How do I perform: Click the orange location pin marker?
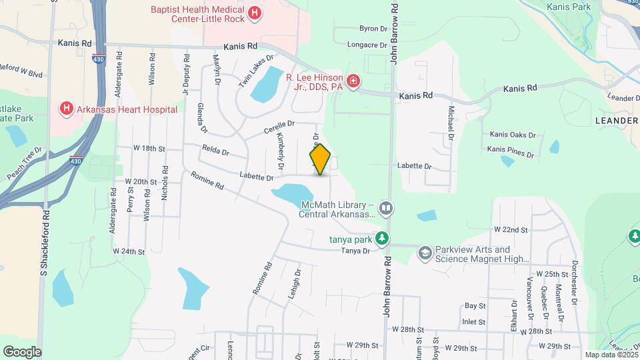click(x=320, y=159)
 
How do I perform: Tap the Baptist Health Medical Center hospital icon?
click(x=254, y=13)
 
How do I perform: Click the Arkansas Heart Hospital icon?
click(x=65, y=108)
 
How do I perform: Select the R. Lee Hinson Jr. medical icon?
click(x=353, y=82)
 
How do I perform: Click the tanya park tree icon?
click(x=381, y=237)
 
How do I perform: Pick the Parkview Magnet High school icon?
click(x=425, y=253)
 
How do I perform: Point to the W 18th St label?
click(x=149, y=147)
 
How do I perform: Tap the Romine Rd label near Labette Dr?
click(x=207, y=181)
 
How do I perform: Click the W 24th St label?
click(x=129, y=251)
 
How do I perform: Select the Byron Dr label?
click(x=373, y=29)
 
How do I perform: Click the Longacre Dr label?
click(x=367, y=45)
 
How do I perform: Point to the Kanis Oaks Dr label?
click(x=513, y=135)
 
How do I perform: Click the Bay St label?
click(x=474, y=305)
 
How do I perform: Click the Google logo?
click(x=21, y=352)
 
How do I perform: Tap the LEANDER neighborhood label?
click(x=615, y=120)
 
